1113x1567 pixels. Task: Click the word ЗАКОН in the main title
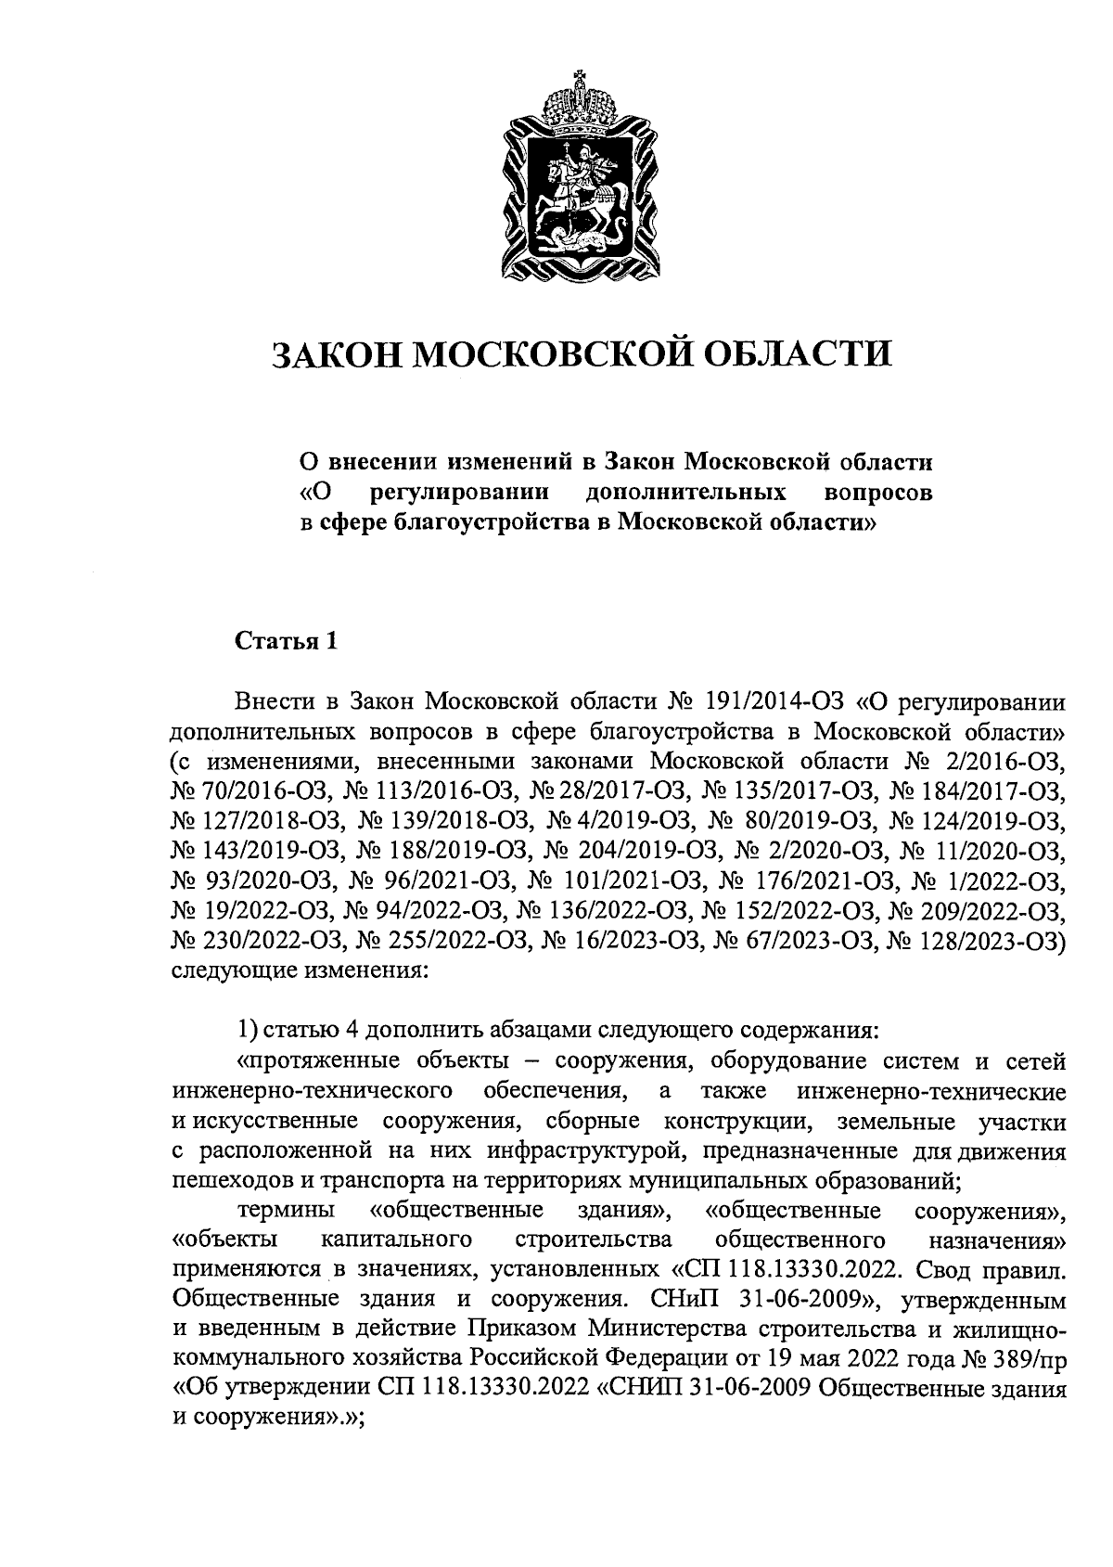pyautogui.click(x=334, y=353)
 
